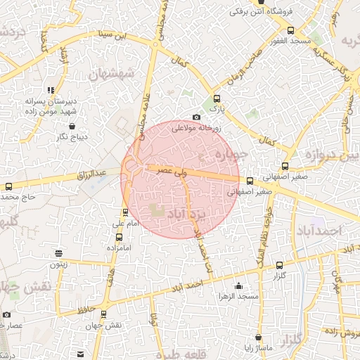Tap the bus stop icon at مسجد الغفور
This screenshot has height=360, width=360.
pos(291,30)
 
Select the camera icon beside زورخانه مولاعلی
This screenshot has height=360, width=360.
pos(196,117)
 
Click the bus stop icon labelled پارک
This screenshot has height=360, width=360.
pos(217,99)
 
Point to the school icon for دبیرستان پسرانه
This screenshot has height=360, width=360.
pos(50,90)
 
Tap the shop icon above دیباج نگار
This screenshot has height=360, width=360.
pos(72,127)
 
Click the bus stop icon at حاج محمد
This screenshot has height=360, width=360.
pos(8,187)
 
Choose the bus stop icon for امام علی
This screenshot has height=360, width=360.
pos(126,212)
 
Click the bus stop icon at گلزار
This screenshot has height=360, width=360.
pos(280,265)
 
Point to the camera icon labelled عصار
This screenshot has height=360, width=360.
pos(7,314)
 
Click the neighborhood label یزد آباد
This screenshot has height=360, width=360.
pos(188,212)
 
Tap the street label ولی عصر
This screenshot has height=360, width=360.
pos(171,170)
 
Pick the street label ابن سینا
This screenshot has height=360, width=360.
pos(113,34)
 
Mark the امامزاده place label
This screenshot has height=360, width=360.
pos(120,248)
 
